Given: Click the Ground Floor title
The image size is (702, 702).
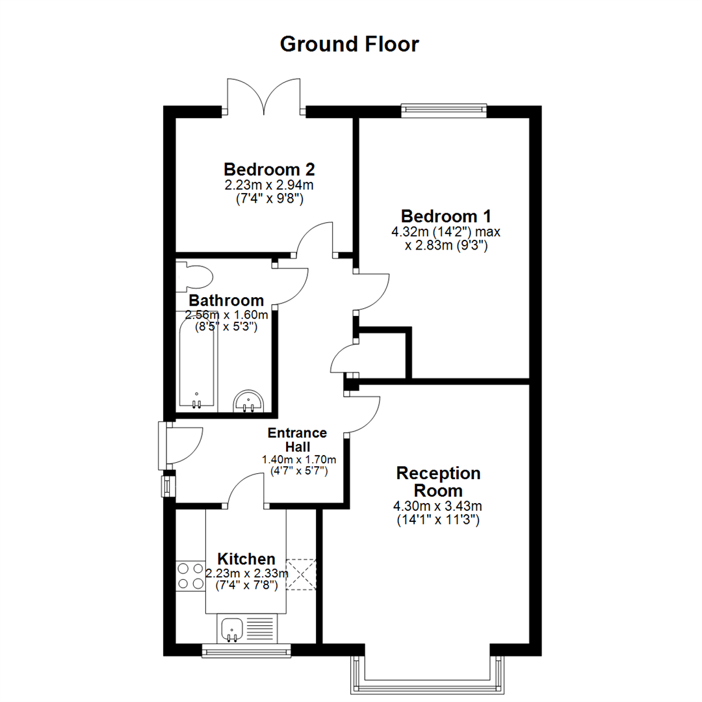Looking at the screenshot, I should coord(350,44).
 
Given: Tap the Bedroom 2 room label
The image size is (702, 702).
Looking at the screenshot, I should coord(269,170).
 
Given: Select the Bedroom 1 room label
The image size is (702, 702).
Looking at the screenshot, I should coord(446,216).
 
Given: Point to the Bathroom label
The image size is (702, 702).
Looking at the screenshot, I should coord(226,301).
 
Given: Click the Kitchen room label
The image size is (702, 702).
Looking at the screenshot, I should coord(246,559).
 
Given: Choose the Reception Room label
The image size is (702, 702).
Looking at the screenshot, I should coord(438,482).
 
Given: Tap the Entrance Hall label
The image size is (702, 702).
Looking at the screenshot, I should coord(298,440).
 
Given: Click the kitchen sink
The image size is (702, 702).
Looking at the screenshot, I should coord(232,628).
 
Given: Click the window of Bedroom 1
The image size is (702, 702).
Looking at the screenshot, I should coord(444,109).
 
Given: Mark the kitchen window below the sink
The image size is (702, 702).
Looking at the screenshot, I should coord(246,651).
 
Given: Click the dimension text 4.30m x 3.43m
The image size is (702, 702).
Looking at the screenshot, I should coord(437,506).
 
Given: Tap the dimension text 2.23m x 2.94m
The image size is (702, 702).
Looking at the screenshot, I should coord(269,185).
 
